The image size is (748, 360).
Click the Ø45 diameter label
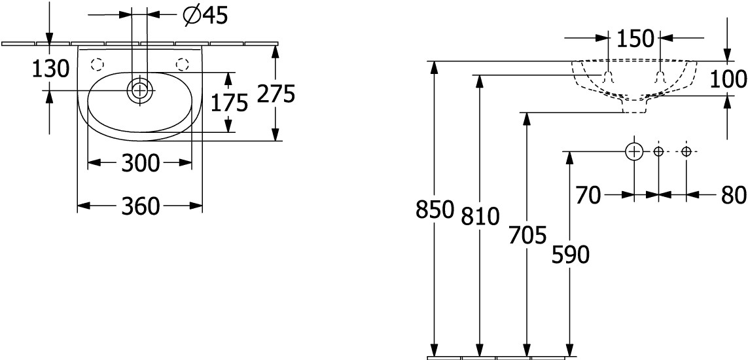[205, 16]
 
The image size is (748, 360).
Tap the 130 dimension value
[50, 69]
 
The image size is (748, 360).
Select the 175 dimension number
[229, 102]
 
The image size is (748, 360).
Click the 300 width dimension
[140, 164]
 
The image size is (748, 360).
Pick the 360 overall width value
[140, 206]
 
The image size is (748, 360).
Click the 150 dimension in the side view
[635, 38]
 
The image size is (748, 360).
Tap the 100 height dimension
[728, 79]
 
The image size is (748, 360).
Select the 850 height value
[434, 209]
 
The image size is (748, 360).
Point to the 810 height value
[480, 217]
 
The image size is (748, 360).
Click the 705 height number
[527, 236]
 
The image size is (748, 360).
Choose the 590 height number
[570, 255]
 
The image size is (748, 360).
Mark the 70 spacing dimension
[588, 195]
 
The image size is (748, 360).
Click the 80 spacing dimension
[734, 195]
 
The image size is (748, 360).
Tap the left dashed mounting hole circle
[97, 63]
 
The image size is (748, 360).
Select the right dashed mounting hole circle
[182, 63]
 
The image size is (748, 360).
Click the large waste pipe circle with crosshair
[634, 152]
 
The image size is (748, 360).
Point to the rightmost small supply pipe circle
[686, 152]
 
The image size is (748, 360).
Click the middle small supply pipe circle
[659, 152]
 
